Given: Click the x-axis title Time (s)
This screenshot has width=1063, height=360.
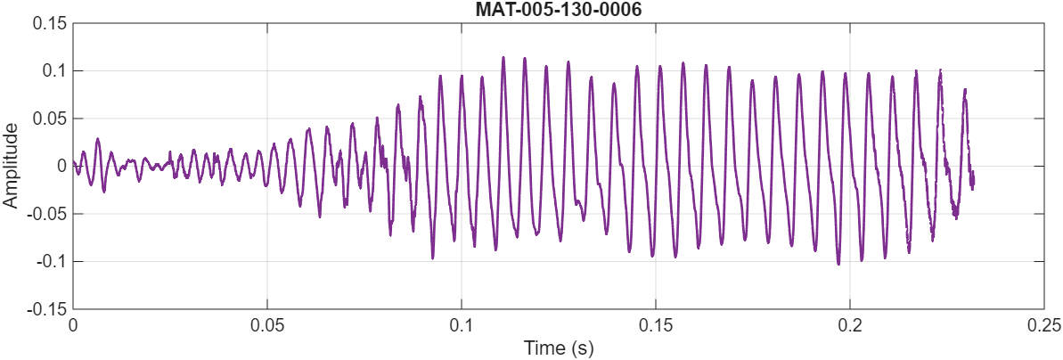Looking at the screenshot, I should [558, 346].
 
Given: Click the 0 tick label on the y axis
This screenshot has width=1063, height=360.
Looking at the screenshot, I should [61, 166].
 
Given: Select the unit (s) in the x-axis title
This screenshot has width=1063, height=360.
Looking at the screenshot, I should [582, 346].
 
